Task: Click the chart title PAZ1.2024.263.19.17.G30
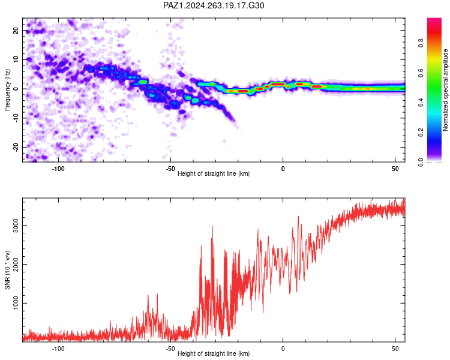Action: pos(214,5)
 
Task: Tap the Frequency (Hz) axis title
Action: pos(7,90)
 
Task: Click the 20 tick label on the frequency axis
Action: pos(16,31)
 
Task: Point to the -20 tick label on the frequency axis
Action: pos(16,148)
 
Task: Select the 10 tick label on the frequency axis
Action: pos(16,59)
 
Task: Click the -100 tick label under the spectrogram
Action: pos(58,169)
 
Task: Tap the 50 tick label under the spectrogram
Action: pos(395,169)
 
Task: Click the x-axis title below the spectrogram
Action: pos(214,173)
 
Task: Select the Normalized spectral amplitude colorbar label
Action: pos(445,90)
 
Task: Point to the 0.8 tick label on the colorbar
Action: pos(421,43)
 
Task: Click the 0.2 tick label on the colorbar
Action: pos(421,133)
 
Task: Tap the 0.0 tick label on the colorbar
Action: pos(421,162)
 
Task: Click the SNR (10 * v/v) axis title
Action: pos(7,270)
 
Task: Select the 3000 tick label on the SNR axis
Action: pos(16,226)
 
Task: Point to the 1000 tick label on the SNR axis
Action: pos(16,303)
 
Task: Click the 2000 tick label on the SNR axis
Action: pos(16,264)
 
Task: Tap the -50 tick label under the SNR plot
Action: pos(170,349)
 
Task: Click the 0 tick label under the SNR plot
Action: pos(283,349)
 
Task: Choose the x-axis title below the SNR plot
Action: pos(214,353)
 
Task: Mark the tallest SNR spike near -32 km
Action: pos(212,227)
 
